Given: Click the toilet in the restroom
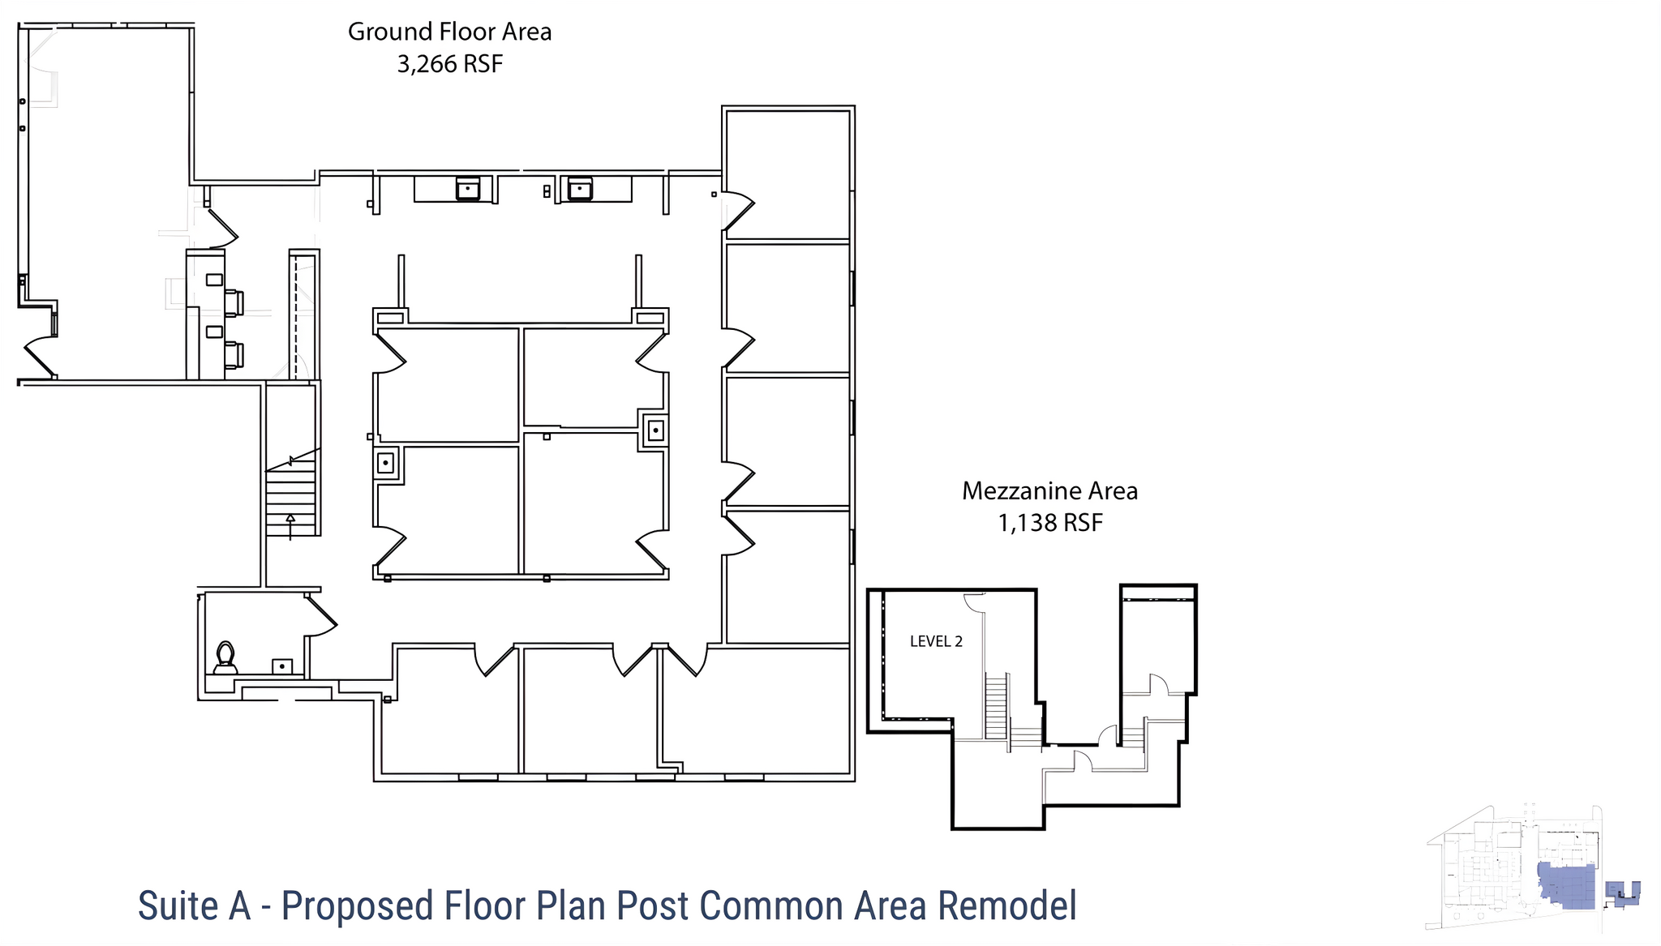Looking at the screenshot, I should (225, 657).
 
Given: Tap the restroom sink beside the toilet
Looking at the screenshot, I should (281, 666).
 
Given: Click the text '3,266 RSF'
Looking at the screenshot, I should (450, 64).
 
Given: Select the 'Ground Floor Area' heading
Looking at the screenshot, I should (450, 32).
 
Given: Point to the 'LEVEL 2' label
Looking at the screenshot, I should (936, 641).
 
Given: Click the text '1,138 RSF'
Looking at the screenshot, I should (1050, 523).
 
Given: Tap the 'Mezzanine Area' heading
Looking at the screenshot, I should (1050, 490).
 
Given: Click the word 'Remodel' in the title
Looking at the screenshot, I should (1007, 905).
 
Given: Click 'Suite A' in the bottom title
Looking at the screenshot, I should (194, 905).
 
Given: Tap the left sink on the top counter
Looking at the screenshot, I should (468, 188).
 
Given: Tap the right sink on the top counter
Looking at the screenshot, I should (579, 188).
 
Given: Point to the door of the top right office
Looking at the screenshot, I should (738, 209).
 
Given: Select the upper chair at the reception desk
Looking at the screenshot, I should (234, 302).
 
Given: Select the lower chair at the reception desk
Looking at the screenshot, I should (234, 355).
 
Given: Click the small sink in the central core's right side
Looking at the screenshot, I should (655, 430).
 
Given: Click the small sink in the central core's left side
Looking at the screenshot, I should (386, 464).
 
